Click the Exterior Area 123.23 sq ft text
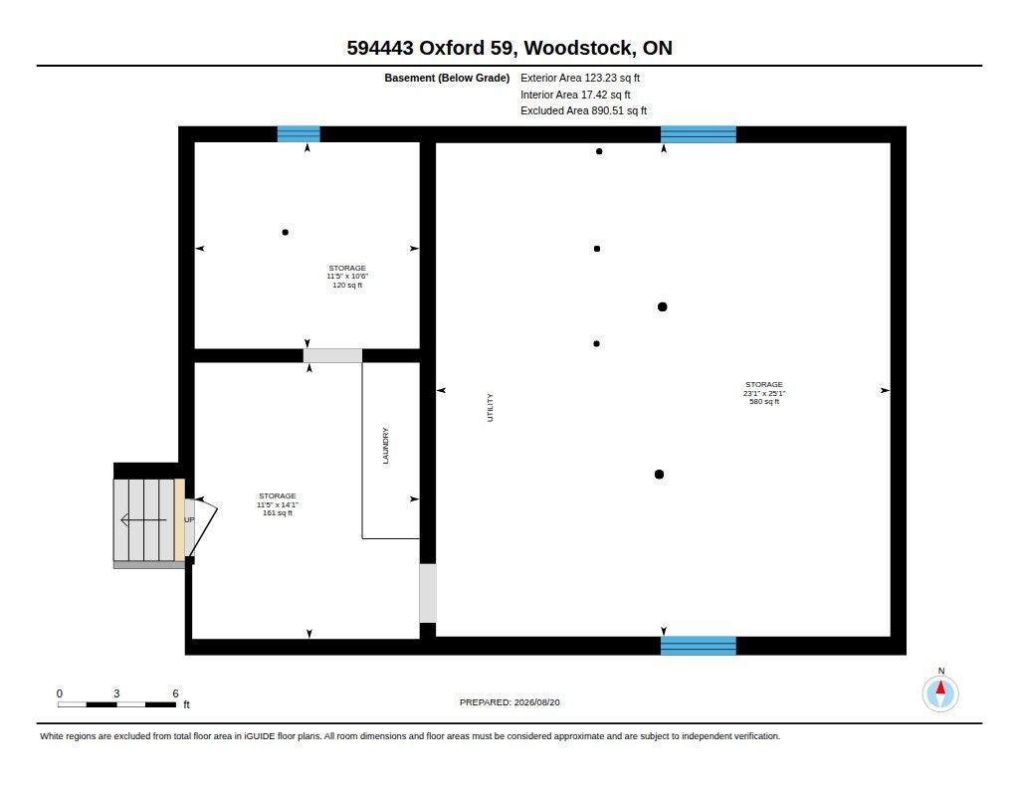580,78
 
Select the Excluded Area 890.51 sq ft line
583,111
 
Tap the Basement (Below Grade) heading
447,78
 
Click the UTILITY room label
490,408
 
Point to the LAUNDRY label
385,446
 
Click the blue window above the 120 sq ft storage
299,134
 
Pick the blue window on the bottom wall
699,646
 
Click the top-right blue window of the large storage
699,134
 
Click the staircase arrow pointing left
143,520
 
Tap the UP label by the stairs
189,520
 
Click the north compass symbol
940,693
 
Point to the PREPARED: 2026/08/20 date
509,702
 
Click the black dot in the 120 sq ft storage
286,232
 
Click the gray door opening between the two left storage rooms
332,355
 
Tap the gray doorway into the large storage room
428,593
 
